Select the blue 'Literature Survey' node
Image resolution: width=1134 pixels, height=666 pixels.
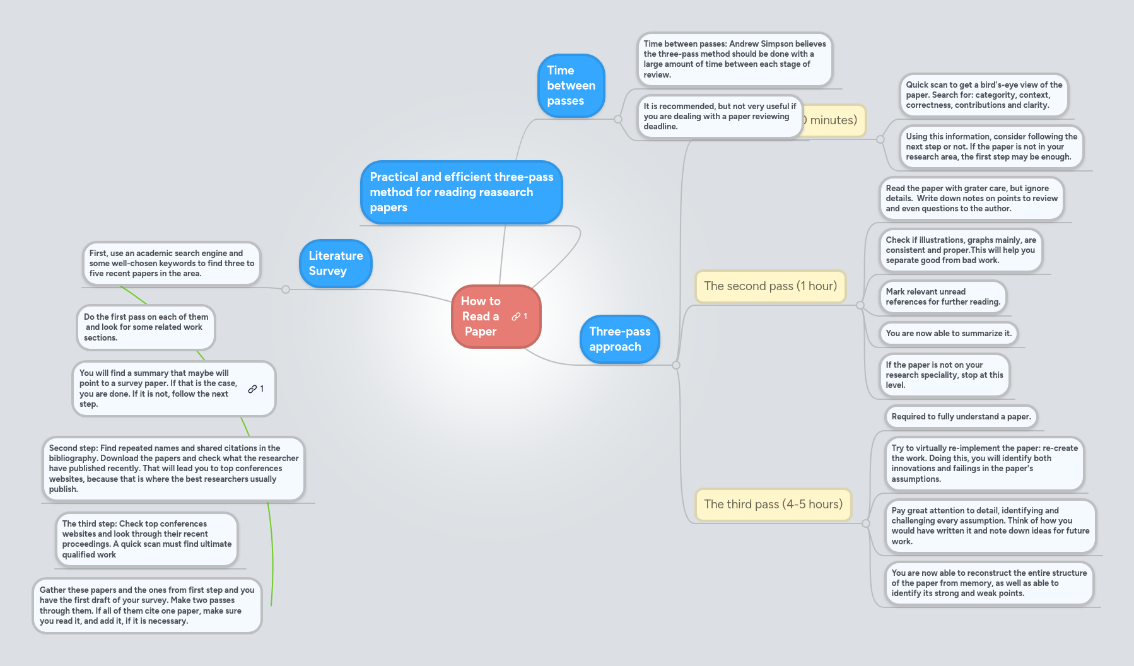point(336,263)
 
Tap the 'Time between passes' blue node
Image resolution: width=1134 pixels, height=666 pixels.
point(571,85)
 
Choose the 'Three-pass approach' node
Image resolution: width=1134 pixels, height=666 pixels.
point(619,339)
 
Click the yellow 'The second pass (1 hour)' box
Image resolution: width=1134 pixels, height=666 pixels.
point(770,286)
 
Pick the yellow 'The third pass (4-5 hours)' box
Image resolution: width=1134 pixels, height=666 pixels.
point(773,504)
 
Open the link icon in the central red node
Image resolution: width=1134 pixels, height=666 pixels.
point(517,317)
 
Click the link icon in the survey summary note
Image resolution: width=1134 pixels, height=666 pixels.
point(252,389)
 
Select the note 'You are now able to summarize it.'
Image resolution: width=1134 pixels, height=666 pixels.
point(948,333)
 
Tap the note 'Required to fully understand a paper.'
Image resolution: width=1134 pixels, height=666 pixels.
point(961,416)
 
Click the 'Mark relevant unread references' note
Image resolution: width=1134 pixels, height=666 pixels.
point(942,296)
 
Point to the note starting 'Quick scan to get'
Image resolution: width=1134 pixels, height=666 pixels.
point(983,95)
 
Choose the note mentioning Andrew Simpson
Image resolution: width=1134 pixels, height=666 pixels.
point(734,59)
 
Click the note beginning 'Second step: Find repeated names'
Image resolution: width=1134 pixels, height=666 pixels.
point(173,468)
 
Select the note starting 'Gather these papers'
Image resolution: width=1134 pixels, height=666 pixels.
point(147,605)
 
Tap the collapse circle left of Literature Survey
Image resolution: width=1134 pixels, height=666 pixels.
point(286,289)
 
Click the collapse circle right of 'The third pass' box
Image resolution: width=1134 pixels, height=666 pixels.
point(866,523)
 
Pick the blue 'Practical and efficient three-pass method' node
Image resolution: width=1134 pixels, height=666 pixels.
point(461,192)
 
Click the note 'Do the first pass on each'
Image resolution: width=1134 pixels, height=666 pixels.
point(146,327)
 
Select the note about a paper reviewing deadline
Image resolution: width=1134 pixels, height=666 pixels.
point(719,116)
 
